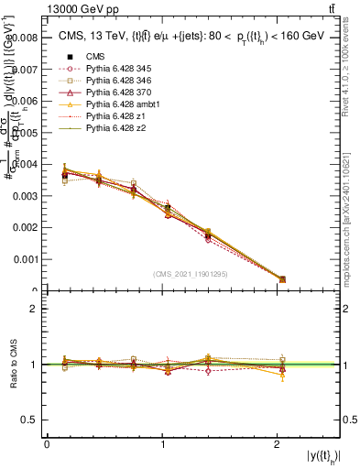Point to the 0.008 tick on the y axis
[25, 38]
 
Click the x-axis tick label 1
[163, 444]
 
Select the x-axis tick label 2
[278, 444]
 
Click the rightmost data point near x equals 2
[282, 279]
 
